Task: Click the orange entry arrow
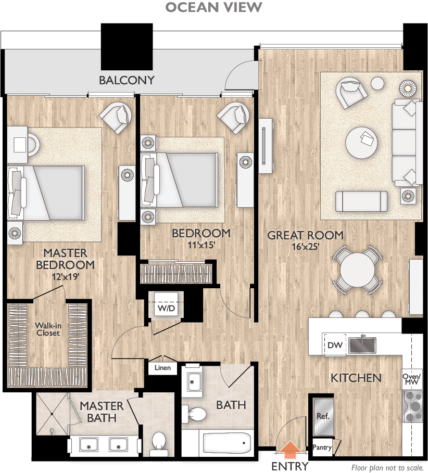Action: pyautogui.click(x=290, y=448)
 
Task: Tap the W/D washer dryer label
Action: pyautogui.click(x=166, y=308)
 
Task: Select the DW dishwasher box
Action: pyautogui.click(x=334, y=344)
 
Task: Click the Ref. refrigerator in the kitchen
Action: pyautogui.click(x=323, y=417)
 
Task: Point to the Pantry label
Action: pyautogui.click(x=323, y=447)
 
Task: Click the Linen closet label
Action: pyautogui.click(x=162, y=368)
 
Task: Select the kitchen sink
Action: pyautogui.click(x=362, y=344)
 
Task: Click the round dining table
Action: pyautogui.click(x=357, y=270)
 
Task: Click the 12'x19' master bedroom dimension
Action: pyautogui.click(x=65, y=277)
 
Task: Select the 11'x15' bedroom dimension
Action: pyautogui.click(x=200, y=245)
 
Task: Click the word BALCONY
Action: pyautogui.click(x=127, y=80)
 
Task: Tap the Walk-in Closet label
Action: pyautogui.click(x=48, y=329)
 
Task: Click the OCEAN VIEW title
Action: pyautogui.click(x=213, y=7)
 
